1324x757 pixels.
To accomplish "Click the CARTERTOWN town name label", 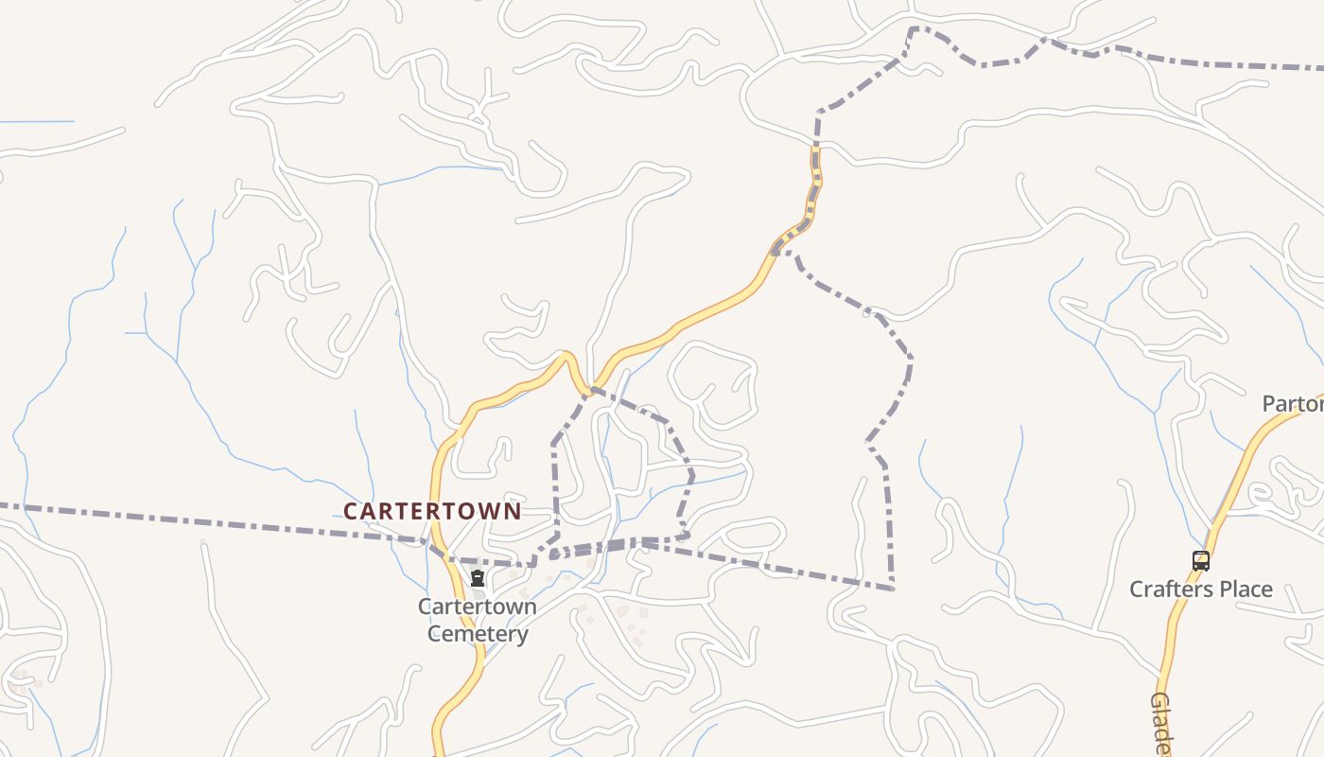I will coord(432,511).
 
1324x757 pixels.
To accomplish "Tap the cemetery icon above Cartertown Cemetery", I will coord(478,578).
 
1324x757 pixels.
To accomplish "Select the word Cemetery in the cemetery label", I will coord(478,633).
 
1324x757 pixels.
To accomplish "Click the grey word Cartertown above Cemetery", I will coord(478,607).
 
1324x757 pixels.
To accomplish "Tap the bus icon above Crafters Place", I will coord(1200,560).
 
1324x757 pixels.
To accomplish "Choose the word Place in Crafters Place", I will coord(1248,590).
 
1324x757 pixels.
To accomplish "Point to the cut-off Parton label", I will coord(1293,404).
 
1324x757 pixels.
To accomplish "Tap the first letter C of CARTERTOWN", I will coord(351,512).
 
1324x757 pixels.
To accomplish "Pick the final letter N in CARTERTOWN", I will coord(513,512).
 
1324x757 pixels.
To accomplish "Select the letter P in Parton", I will coord(1270,404).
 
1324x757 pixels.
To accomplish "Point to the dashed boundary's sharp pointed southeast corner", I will coord(892,589).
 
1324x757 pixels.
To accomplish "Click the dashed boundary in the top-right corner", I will coord(1229,64).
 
